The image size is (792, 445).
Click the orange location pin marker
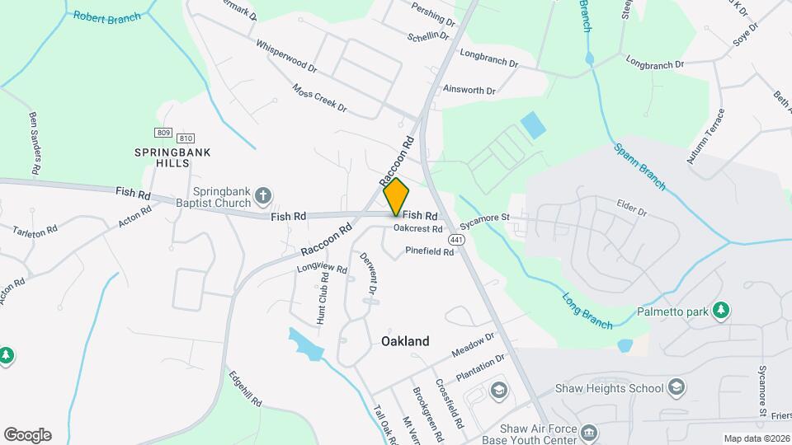coord(397,196)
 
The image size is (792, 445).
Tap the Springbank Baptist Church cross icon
coord(263,195)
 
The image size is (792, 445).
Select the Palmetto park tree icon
coord(723,310)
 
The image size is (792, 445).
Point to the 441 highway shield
coord(455,239)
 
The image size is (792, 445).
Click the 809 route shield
coord(163,133)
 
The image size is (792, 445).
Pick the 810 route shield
coord(186,138)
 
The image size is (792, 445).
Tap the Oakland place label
coord(405,340)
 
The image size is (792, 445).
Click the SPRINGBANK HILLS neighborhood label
coord(162,157)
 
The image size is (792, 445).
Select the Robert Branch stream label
coord(106,16)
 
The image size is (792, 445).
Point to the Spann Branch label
coord(639,167)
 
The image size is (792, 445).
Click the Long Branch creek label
coord(587,308)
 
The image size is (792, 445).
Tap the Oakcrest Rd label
coord(418,228)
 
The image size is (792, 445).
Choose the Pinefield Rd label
coord(429,251)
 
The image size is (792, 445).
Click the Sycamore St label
coord(486,220)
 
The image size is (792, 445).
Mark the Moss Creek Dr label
coord(319,97)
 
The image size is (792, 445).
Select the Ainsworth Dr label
coord(469,90)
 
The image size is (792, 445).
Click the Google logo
coord(27,435)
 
